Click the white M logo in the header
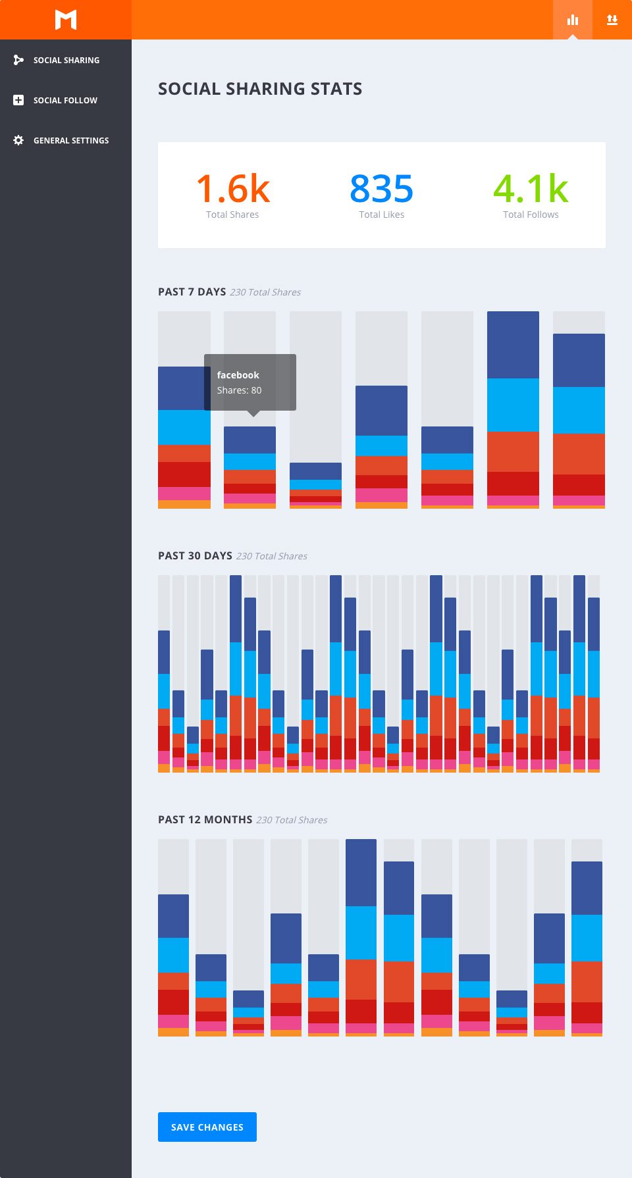[x=66, y=20]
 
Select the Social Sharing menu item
[x=66, y=60]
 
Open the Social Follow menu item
[x=65, y=100]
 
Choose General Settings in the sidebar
[x=71, y=140]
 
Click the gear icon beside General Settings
[x=18, y=140]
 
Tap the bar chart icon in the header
[x=573, y=20]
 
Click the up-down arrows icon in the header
[x=612, y=20]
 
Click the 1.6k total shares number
[x=233, y=189]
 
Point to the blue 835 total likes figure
[x=381, y=189]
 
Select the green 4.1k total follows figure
[x=531, y=189]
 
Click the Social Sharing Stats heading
[x=260, y=89]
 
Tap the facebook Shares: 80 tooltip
[x=250, y=382]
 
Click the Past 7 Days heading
[x=192, y=292]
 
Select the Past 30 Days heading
[x=195, y=555]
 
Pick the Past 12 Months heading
[x=205, y=819]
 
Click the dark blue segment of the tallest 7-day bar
[x=513, y=344]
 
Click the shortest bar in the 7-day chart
[x=315, y=486]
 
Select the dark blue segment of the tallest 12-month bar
[x=361, y=872]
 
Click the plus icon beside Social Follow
[x=18, y=100]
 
